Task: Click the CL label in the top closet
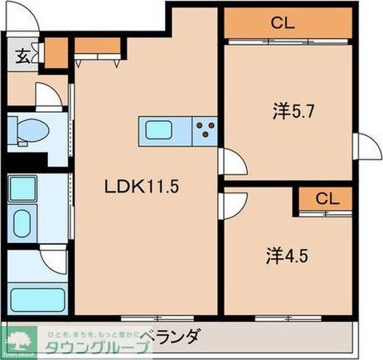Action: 283,22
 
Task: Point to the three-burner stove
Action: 204,129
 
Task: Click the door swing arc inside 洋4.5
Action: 233,203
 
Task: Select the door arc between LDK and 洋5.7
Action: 232,163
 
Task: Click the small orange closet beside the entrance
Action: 56,53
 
